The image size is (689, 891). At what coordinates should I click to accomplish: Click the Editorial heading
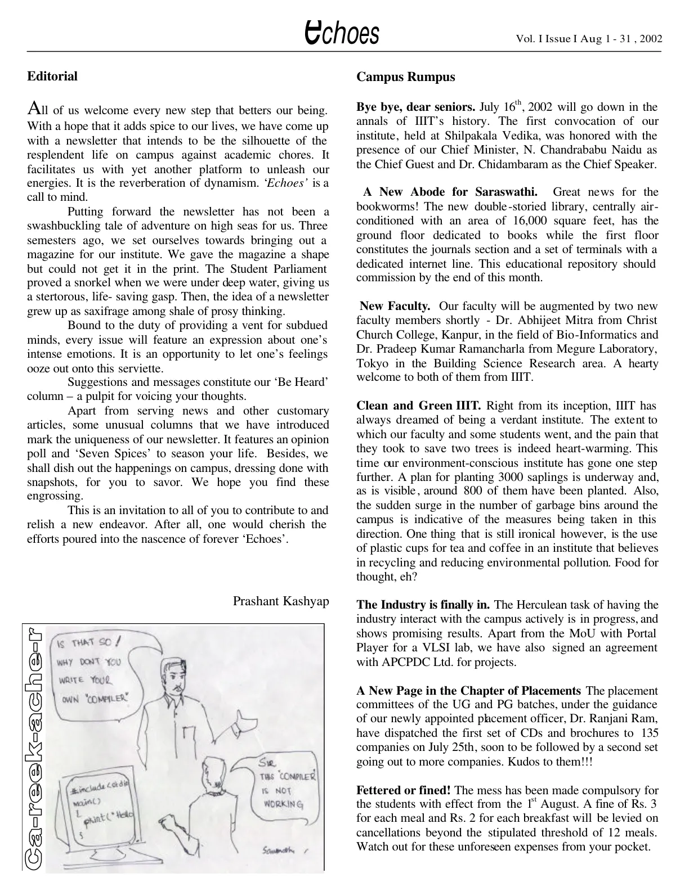(52, 76)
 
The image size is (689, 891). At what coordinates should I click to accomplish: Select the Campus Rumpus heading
(405, 77)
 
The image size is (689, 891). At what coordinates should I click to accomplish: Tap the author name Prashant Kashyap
(281, 601)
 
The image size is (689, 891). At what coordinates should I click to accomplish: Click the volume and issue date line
(589, 39)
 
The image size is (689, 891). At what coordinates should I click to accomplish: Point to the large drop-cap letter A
(33, 107)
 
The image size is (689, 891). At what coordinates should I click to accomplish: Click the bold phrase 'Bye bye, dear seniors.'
(416, 107)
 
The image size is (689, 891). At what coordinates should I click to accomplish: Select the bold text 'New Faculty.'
(395, 307)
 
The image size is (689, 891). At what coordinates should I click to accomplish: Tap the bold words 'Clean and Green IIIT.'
(418, 406)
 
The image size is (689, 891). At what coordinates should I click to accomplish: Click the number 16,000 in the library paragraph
(528, 221)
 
